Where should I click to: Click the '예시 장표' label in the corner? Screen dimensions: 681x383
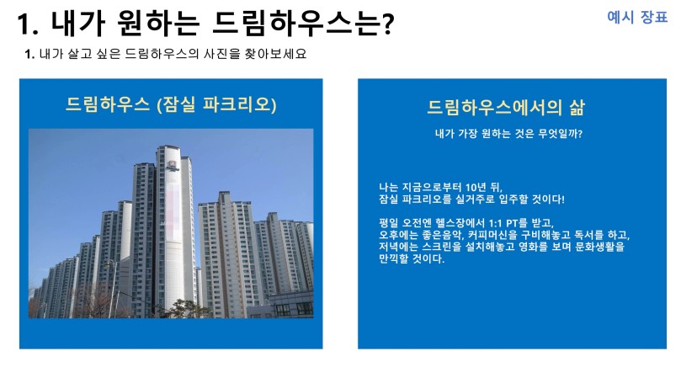click(637, 17)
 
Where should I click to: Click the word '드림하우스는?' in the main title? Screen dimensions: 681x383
click(303, 23)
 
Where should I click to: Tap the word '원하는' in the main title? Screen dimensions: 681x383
click(158, 23)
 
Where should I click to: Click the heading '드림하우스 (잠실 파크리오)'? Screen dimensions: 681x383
click(171, 104)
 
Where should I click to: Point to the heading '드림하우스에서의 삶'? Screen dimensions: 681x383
click(506, 107)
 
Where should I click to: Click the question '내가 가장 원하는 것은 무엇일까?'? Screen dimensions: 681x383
click(508, 133)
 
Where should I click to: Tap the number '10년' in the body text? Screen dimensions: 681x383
click(476, 187)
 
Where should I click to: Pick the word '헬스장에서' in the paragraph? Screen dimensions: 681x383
click(460, 223)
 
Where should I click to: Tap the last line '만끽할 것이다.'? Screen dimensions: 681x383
click(412, 258)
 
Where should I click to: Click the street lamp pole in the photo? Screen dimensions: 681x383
click(112, 288)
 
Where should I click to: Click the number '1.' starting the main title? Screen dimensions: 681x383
click(28, 24)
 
